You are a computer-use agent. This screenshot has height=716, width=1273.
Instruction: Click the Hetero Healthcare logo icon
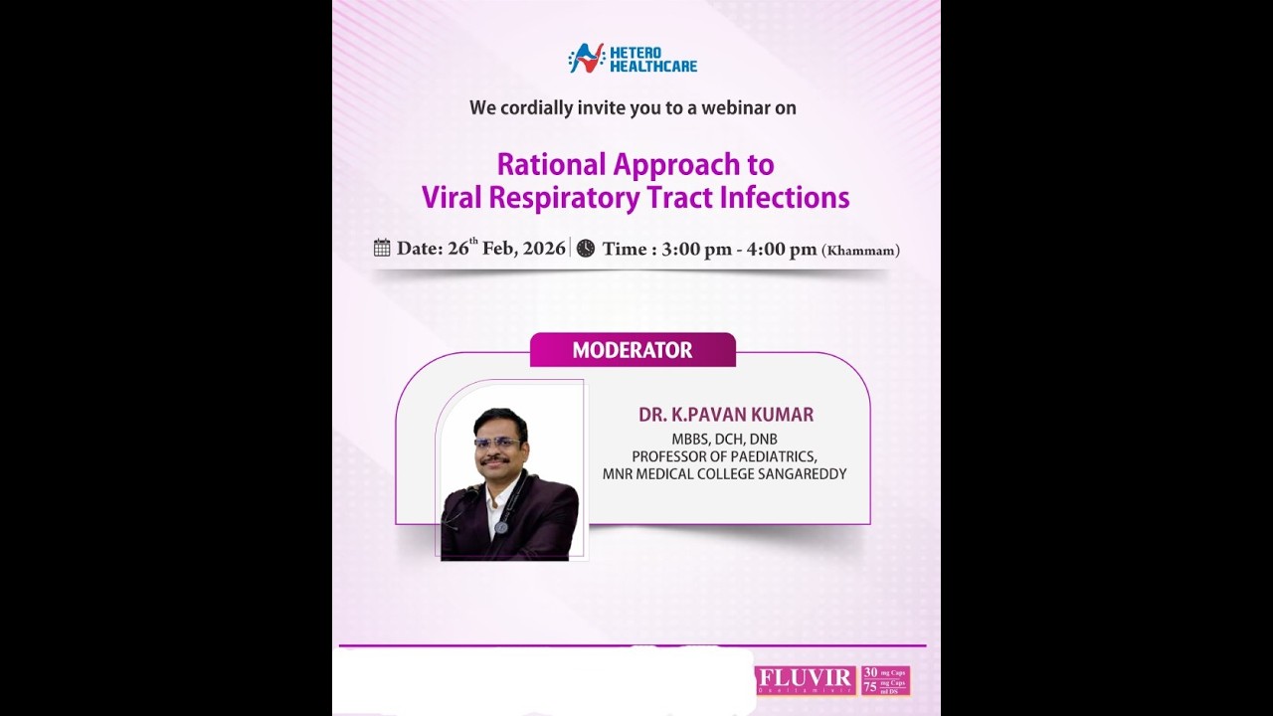point(586,58)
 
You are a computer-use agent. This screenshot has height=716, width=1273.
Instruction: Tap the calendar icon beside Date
point(382,248)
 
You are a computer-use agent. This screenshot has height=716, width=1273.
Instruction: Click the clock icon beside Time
point(586,248)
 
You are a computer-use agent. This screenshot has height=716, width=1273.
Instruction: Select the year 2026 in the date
point(544,249)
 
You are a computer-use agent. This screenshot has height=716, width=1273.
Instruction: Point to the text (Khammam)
point(860,251)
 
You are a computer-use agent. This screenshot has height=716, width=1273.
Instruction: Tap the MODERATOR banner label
point(633,350)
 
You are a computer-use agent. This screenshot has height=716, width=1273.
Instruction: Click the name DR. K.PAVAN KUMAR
point(726,415)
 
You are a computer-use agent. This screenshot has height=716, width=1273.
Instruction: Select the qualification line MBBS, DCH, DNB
point(724,439)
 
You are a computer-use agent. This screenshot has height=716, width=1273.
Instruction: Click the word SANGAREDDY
point(801,474)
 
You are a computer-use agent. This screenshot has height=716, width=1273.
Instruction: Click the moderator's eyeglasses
point(497,443)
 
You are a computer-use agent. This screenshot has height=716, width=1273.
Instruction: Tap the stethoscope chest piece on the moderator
point(500,528)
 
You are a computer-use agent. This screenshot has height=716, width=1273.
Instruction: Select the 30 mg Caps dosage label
point(884,672)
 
